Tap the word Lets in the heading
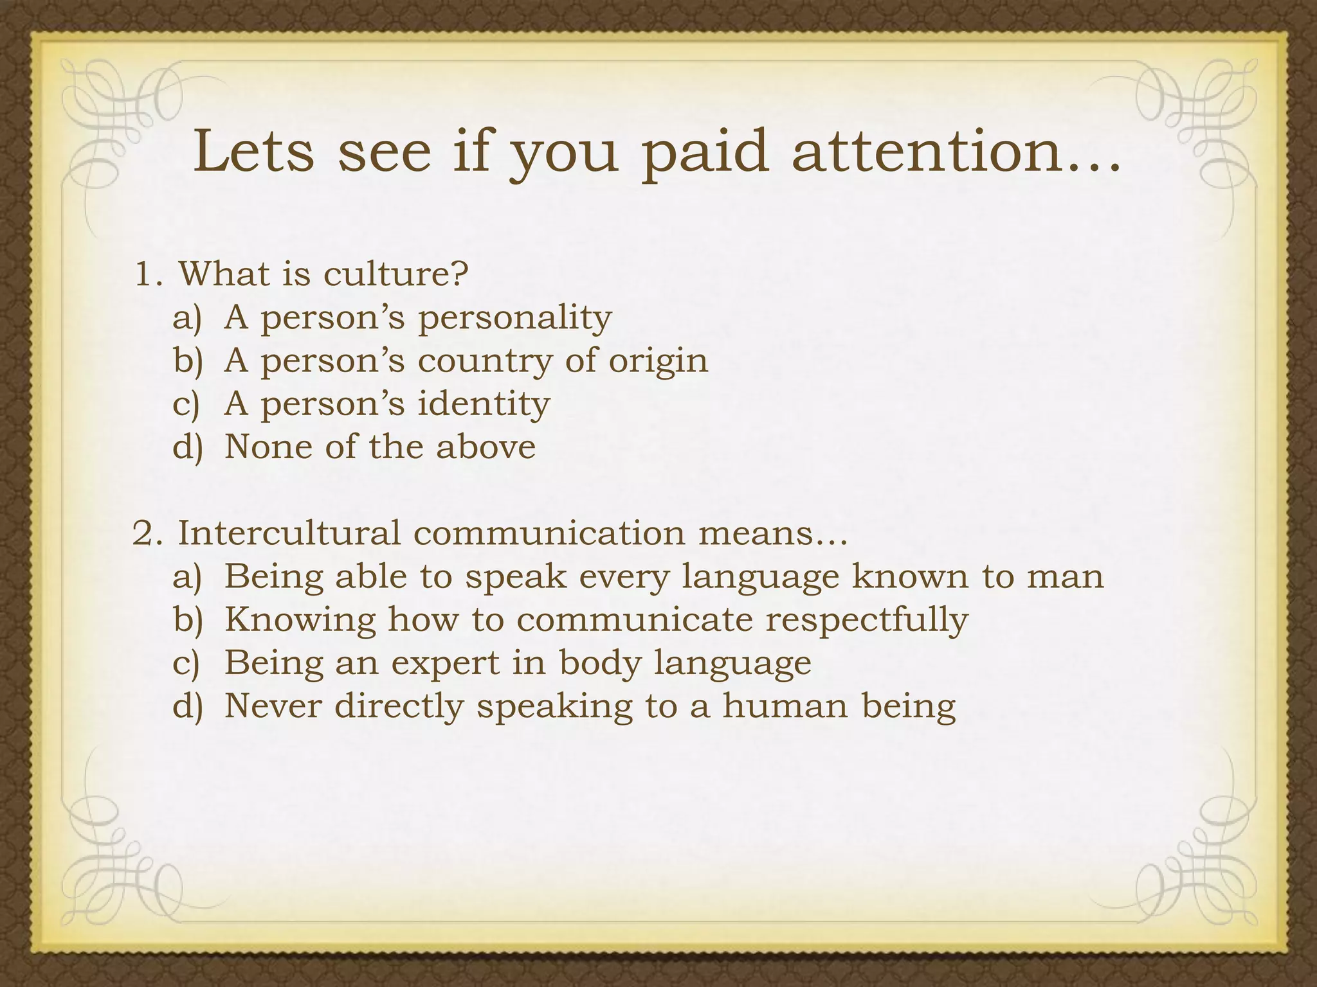[254, 152]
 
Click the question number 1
[147, 275]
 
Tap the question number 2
[147, 534]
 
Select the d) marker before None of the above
[187, 447]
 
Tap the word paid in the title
[705, 153]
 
